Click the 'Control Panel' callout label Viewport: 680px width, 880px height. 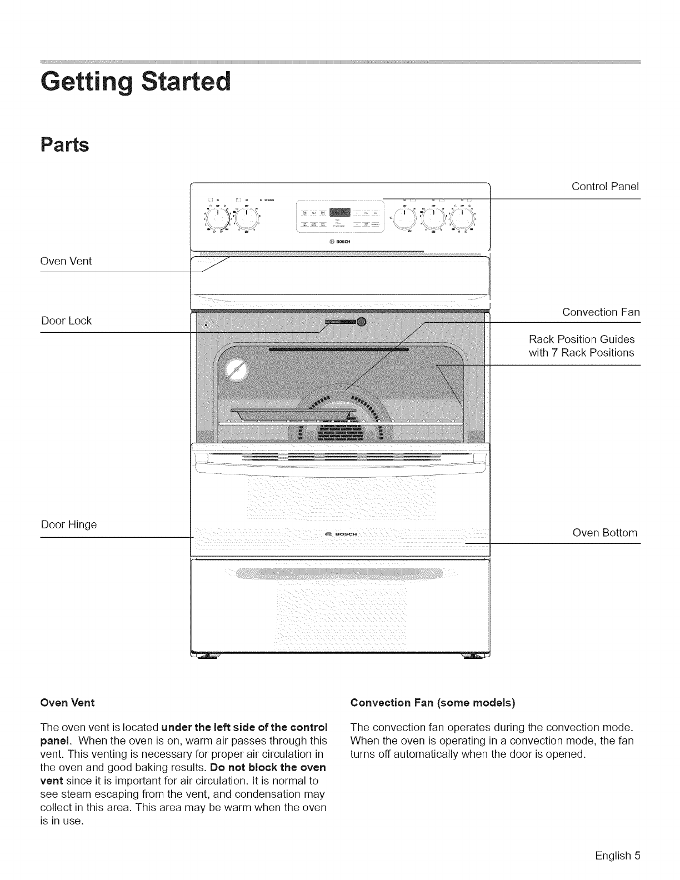click(x=605, y=186)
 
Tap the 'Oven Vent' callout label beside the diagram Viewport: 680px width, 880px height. click(x=66, y=261)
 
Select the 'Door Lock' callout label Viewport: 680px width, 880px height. click(x=66, y=321)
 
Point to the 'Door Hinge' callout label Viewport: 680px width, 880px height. click(x=69, y=524)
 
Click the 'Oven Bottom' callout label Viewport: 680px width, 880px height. click(x=604, y=533)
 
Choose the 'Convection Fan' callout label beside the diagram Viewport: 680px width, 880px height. click(x=601, y=312)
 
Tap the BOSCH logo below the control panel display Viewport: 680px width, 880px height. click(x=339, y=241)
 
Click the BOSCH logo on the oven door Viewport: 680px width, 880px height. click(x=339, y=534)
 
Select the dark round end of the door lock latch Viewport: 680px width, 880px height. click(x=362, y=322)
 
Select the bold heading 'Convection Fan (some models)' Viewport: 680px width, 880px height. click(x=433, y=703)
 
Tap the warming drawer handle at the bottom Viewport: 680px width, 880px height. click(x=328, y=573)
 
